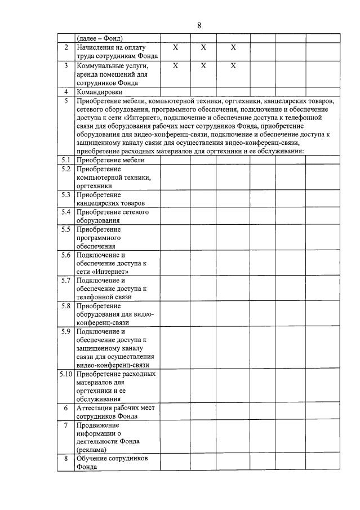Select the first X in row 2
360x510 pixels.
coord(175,48)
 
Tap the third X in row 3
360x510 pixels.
coord(233,66)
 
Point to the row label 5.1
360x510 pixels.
coord(66,160)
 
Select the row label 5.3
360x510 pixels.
coord(66,194)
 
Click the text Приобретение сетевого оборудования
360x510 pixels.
coord(112,216)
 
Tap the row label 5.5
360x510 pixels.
coord(66,229)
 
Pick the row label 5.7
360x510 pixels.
coord(66,280)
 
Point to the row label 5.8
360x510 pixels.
coord(66,306)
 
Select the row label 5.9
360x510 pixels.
coord(66,331)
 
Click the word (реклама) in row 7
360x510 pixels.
coord(93,450)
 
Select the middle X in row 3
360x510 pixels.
coord(203,66)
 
